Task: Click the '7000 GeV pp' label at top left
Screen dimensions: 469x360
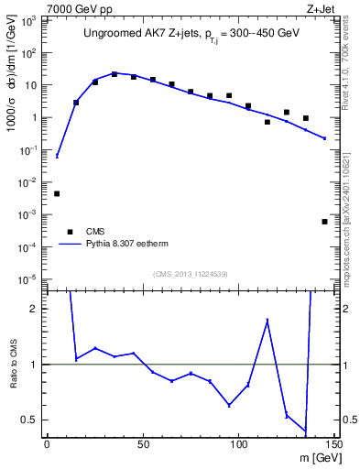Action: [x=74, y=8]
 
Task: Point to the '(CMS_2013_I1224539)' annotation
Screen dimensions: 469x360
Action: [x=190, y=273]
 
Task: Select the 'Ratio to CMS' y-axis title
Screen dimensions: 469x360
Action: [x=12, y=365]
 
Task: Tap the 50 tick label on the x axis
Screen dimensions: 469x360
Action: [x=143, y=444]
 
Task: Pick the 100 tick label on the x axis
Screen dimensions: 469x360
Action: [x=238, y=444]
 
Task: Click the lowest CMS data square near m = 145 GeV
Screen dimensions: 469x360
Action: [x=325, y=222]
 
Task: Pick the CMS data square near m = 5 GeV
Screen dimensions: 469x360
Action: [x=57, y=193]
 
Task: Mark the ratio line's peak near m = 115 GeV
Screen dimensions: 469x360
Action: [x=267, y=320]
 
